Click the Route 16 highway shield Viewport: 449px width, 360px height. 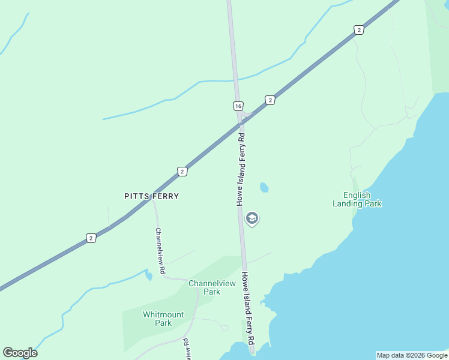[238, 106]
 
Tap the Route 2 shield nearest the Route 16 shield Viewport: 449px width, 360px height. [270, 100]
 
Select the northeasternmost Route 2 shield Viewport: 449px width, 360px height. [358, 30]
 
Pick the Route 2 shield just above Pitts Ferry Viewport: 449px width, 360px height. [182, 172]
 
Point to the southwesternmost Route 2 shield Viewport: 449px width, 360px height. [91, 238]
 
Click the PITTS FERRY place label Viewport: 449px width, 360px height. [151, 196]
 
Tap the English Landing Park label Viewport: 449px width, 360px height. [357, 199]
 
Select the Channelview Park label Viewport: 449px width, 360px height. [204, 287]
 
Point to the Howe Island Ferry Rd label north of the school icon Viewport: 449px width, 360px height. [241, 170]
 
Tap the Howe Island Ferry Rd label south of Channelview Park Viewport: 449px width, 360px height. [249, 308]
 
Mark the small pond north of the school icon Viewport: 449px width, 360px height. [264, 188]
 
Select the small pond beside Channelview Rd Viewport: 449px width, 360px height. [148, 275]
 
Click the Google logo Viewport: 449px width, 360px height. [20, 353]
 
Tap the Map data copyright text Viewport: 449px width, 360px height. [412, 355]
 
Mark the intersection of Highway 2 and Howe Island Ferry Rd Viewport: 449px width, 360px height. [241, 122]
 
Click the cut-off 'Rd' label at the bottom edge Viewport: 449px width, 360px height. [186, 347]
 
